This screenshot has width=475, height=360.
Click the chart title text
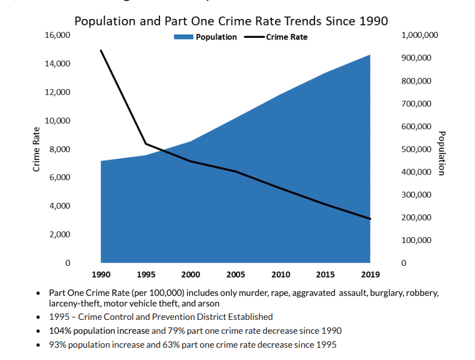point(231,21)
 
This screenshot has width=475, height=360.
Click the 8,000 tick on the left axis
point(60,149)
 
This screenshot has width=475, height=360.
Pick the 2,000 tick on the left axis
point(60,235)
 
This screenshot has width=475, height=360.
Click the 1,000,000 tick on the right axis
point(419,35)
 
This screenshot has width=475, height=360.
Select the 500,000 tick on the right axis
point(415,149)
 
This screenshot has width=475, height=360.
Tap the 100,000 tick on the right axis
point(415,240)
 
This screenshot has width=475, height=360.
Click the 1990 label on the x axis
point(101,274)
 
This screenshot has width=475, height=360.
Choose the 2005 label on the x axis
point(236,274)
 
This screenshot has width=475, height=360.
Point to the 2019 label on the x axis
point(370,274)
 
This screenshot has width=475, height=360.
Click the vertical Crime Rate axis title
point(37,149)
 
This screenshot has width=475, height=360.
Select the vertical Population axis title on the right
point(442,153)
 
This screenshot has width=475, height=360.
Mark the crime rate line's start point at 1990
point(101,51)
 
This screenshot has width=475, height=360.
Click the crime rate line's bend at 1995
point(146,144)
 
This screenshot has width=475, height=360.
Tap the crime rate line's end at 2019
point(370,219)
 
